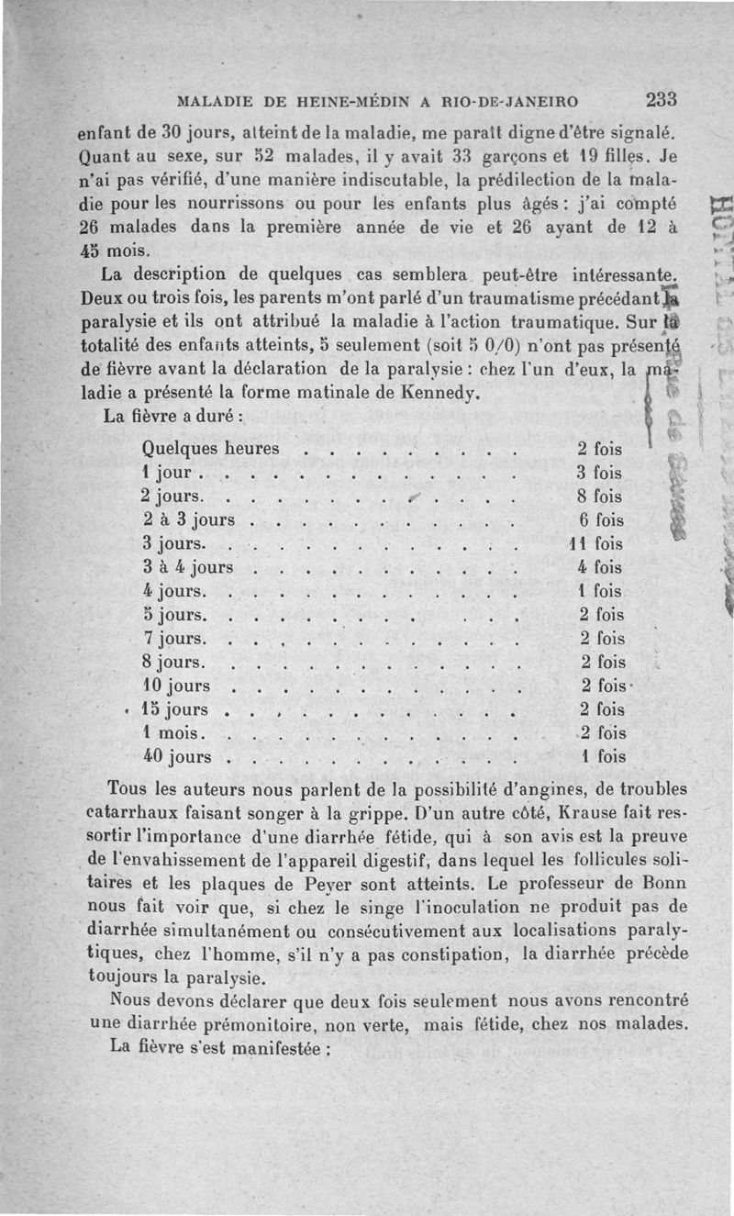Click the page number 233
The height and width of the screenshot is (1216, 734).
coord(660,98)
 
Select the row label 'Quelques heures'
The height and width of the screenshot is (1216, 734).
coord(211,449)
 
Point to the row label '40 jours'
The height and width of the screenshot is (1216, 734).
coord(177,757)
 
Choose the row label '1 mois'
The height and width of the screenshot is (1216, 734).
coord(174,733)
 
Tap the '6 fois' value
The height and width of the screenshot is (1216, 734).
coord(601,519)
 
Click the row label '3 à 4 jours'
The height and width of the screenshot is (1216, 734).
coord(188,567)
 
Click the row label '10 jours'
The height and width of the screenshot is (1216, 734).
coord(177,686)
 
